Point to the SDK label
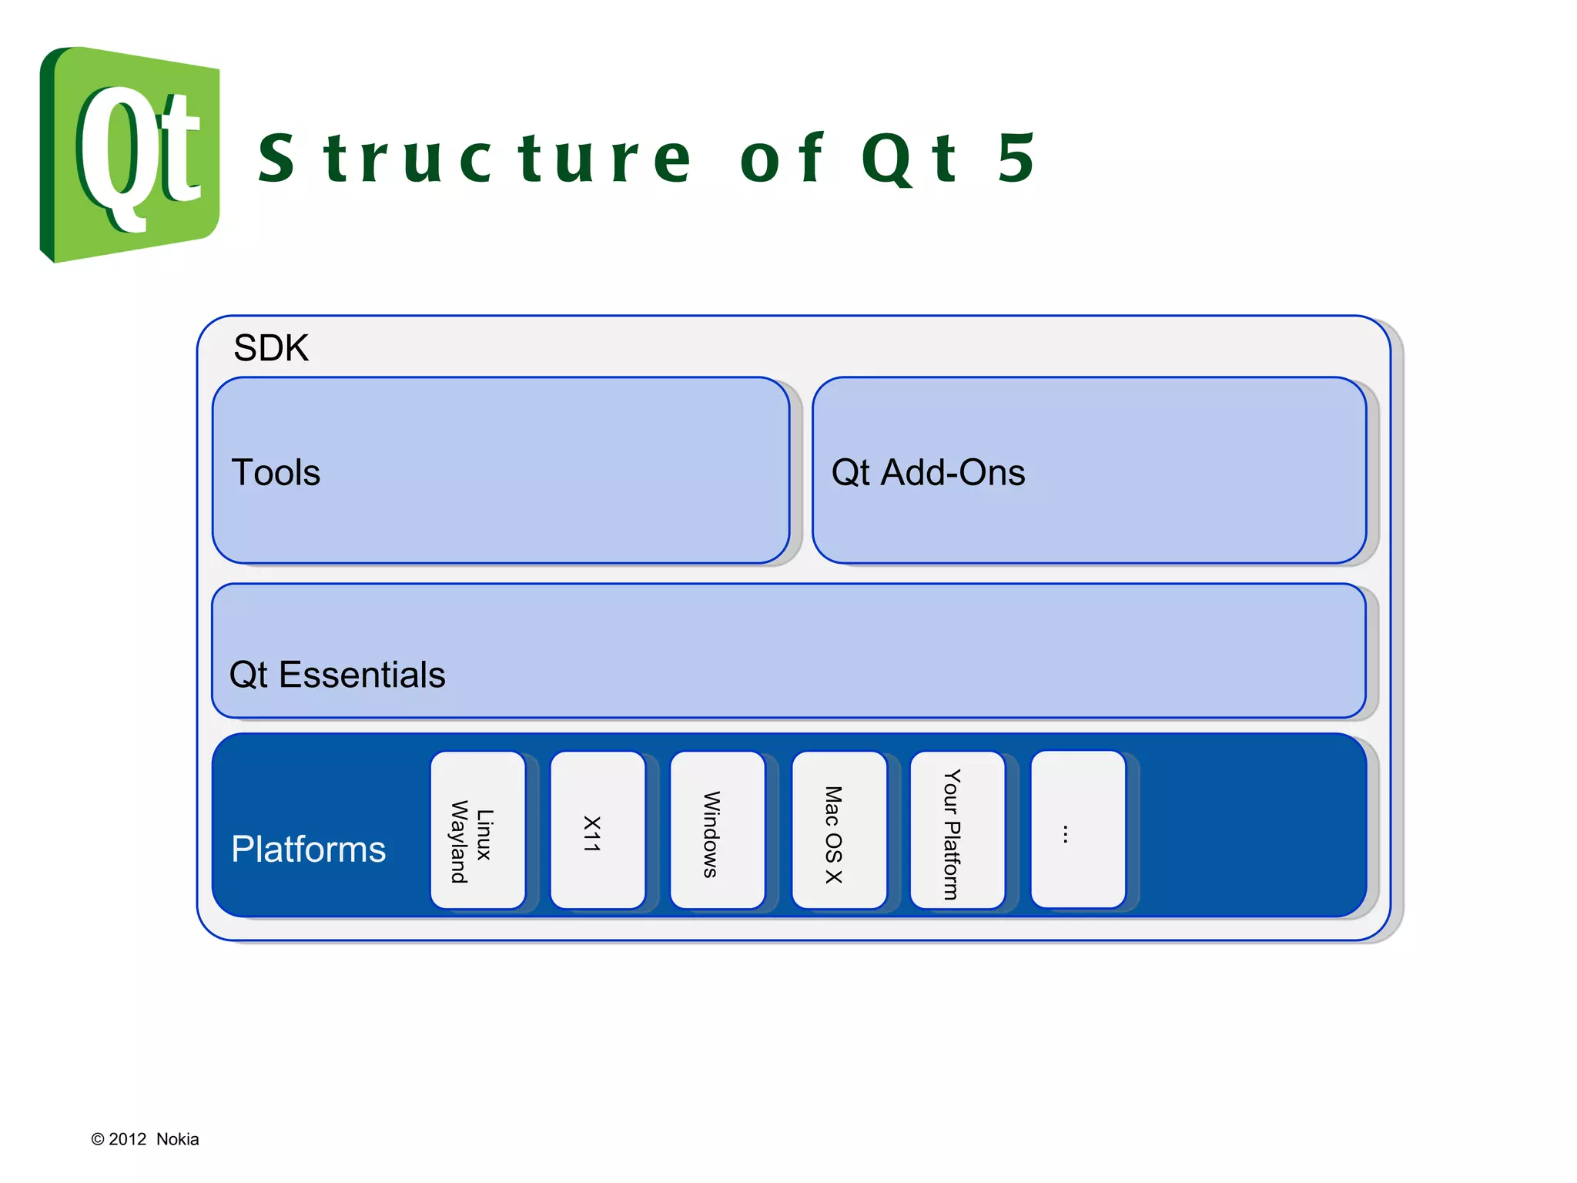click(270, 348)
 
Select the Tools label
click(276, 472)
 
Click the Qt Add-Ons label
click(928, 472)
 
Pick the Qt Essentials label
click(336, 675)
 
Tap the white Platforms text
click(308, 849)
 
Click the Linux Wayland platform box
click(477, 830)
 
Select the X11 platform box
click(598, 830)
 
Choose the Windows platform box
click(717, 830)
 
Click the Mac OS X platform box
click(839, 830)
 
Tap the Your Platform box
click(957, 830)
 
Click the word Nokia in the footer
click(177, 1139)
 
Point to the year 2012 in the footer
click(127, 1139)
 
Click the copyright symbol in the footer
click(97, 1139)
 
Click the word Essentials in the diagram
click(362, 675)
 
